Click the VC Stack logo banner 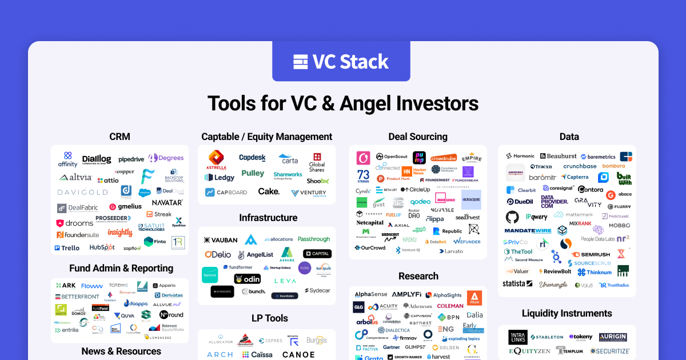click(341, 61)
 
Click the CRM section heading click(119, 137)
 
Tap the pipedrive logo click(130, 159)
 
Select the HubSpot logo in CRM click(102, 247)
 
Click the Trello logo click(67, 248)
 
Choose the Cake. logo click(269, 191)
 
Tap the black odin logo click(248, 279)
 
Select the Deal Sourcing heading click(418, 137)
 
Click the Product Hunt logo click(393, 179)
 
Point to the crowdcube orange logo click(443, 158)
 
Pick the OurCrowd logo click(370, 248)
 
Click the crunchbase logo click(580, 166)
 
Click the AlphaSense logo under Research click(370, 295)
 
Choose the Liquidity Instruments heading click(567, 313)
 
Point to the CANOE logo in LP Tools click(298, 355)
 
